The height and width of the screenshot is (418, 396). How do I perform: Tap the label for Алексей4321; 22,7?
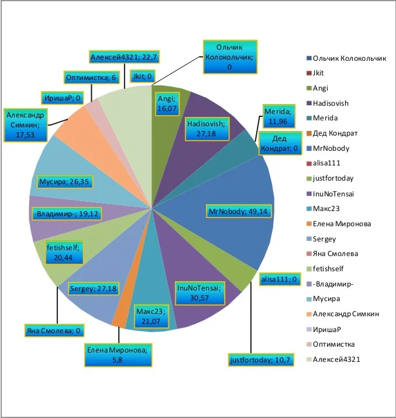click(x=125, y=57)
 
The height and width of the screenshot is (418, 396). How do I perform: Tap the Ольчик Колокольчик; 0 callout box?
click(x=229, y=57)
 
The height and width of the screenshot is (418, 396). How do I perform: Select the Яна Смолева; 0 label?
click(x=51, y=331)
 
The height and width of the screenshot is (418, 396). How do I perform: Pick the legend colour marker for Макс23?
click(x=308, y=209)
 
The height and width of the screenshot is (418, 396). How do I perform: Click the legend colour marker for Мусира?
click(x=308, y=299)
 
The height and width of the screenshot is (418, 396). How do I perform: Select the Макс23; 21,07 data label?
click(x=151, y=317)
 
